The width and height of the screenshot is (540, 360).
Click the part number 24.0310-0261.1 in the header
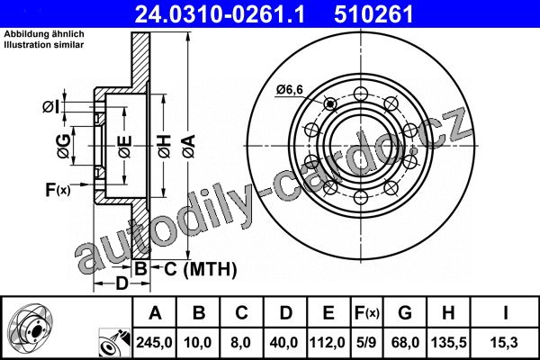220,14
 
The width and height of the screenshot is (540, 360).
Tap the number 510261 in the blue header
373,14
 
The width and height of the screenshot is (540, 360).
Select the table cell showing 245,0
154,342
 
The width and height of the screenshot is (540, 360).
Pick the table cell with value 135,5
448,342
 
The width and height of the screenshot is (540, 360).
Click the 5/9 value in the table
366,342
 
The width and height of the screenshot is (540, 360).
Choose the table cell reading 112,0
328,342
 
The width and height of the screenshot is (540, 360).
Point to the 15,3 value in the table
505,342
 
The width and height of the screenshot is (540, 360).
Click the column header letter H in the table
448,313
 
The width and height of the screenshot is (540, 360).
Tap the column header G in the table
405,313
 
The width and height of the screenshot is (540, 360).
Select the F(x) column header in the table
367,313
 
